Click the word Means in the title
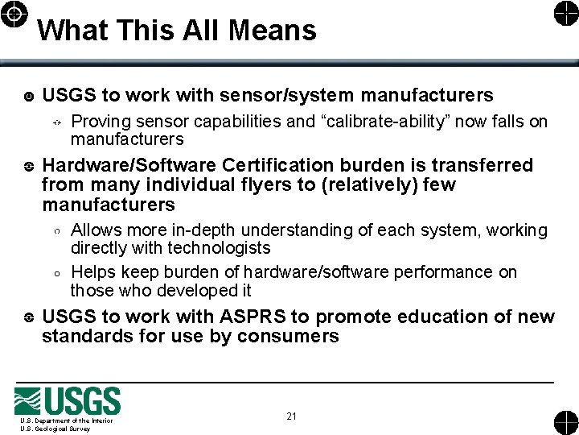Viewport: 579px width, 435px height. coord(273,30)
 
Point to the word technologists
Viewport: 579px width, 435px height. coord(220,248)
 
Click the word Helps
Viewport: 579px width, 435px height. coord(92,272)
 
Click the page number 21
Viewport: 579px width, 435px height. coord(291,416)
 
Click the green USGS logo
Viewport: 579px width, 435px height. coord(68,401)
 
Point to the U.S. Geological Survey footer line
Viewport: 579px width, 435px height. coord(55,429)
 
